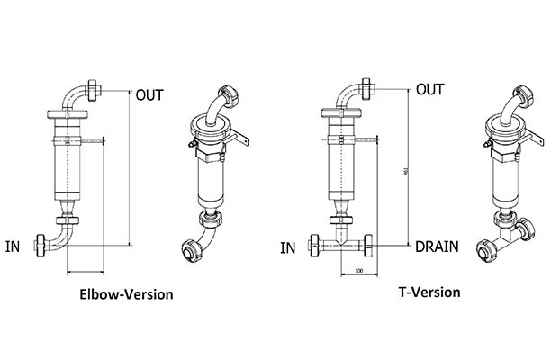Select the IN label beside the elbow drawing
[x=14, y=244]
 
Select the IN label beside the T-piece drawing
[x=287, y=247]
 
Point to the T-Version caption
[x=429, y=292]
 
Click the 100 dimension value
[x=358, y=271]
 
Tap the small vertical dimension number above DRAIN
[x=411, y=174]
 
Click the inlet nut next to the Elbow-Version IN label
[x=41, y=243]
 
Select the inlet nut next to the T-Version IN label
[x=315, y=245]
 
